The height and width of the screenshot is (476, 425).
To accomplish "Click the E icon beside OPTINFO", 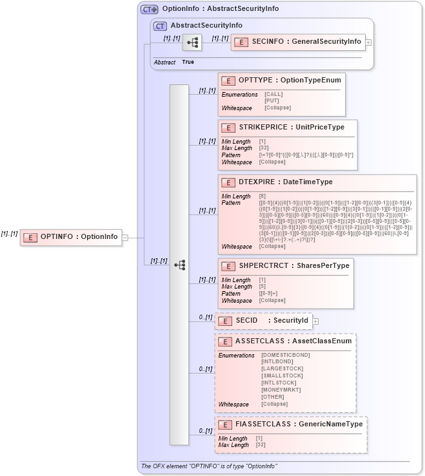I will pos(30,237).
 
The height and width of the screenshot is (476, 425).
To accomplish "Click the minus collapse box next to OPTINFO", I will pos(125,237).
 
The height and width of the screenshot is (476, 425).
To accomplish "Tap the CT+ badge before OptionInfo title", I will pos(150,9).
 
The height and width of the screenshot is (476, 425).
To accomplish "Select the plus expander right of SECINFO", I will pos(368,42).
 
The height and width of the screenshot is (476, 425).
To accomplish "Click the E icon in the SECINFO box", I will pos(241,42).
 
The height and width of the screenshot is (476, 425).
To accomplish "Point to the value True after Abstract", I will pos(188,62).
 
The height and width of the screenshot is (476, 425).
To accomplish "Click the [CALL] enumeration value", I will pos(273,94).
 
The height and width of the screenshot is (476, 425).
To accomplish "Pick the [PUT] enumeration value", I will pos(272,101).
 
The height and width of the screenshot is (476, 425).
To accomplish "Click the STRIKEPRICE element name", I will pos(261,128).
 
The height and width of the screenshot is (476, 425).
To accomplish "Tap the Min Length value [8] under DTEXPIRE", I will pos(262,196).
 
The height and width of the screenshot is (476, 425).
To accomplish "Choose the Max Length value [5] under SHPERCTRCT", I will pos(262,287).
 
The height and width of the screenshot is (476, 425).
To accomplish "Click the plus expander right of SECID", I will pos(315,321).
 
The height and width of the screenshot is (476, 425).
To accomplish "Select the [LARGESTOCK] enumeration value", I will pos(282,369).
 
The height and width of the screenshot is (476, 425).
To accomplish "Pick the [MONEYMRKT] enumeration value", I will pos(281,390).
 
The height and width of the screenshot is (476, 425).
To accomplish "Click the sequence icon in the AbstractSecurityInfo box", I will pos(192,43).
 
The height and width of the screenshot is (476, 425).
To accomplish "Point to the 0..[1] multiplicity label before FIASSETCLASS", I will pos(205,431).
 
